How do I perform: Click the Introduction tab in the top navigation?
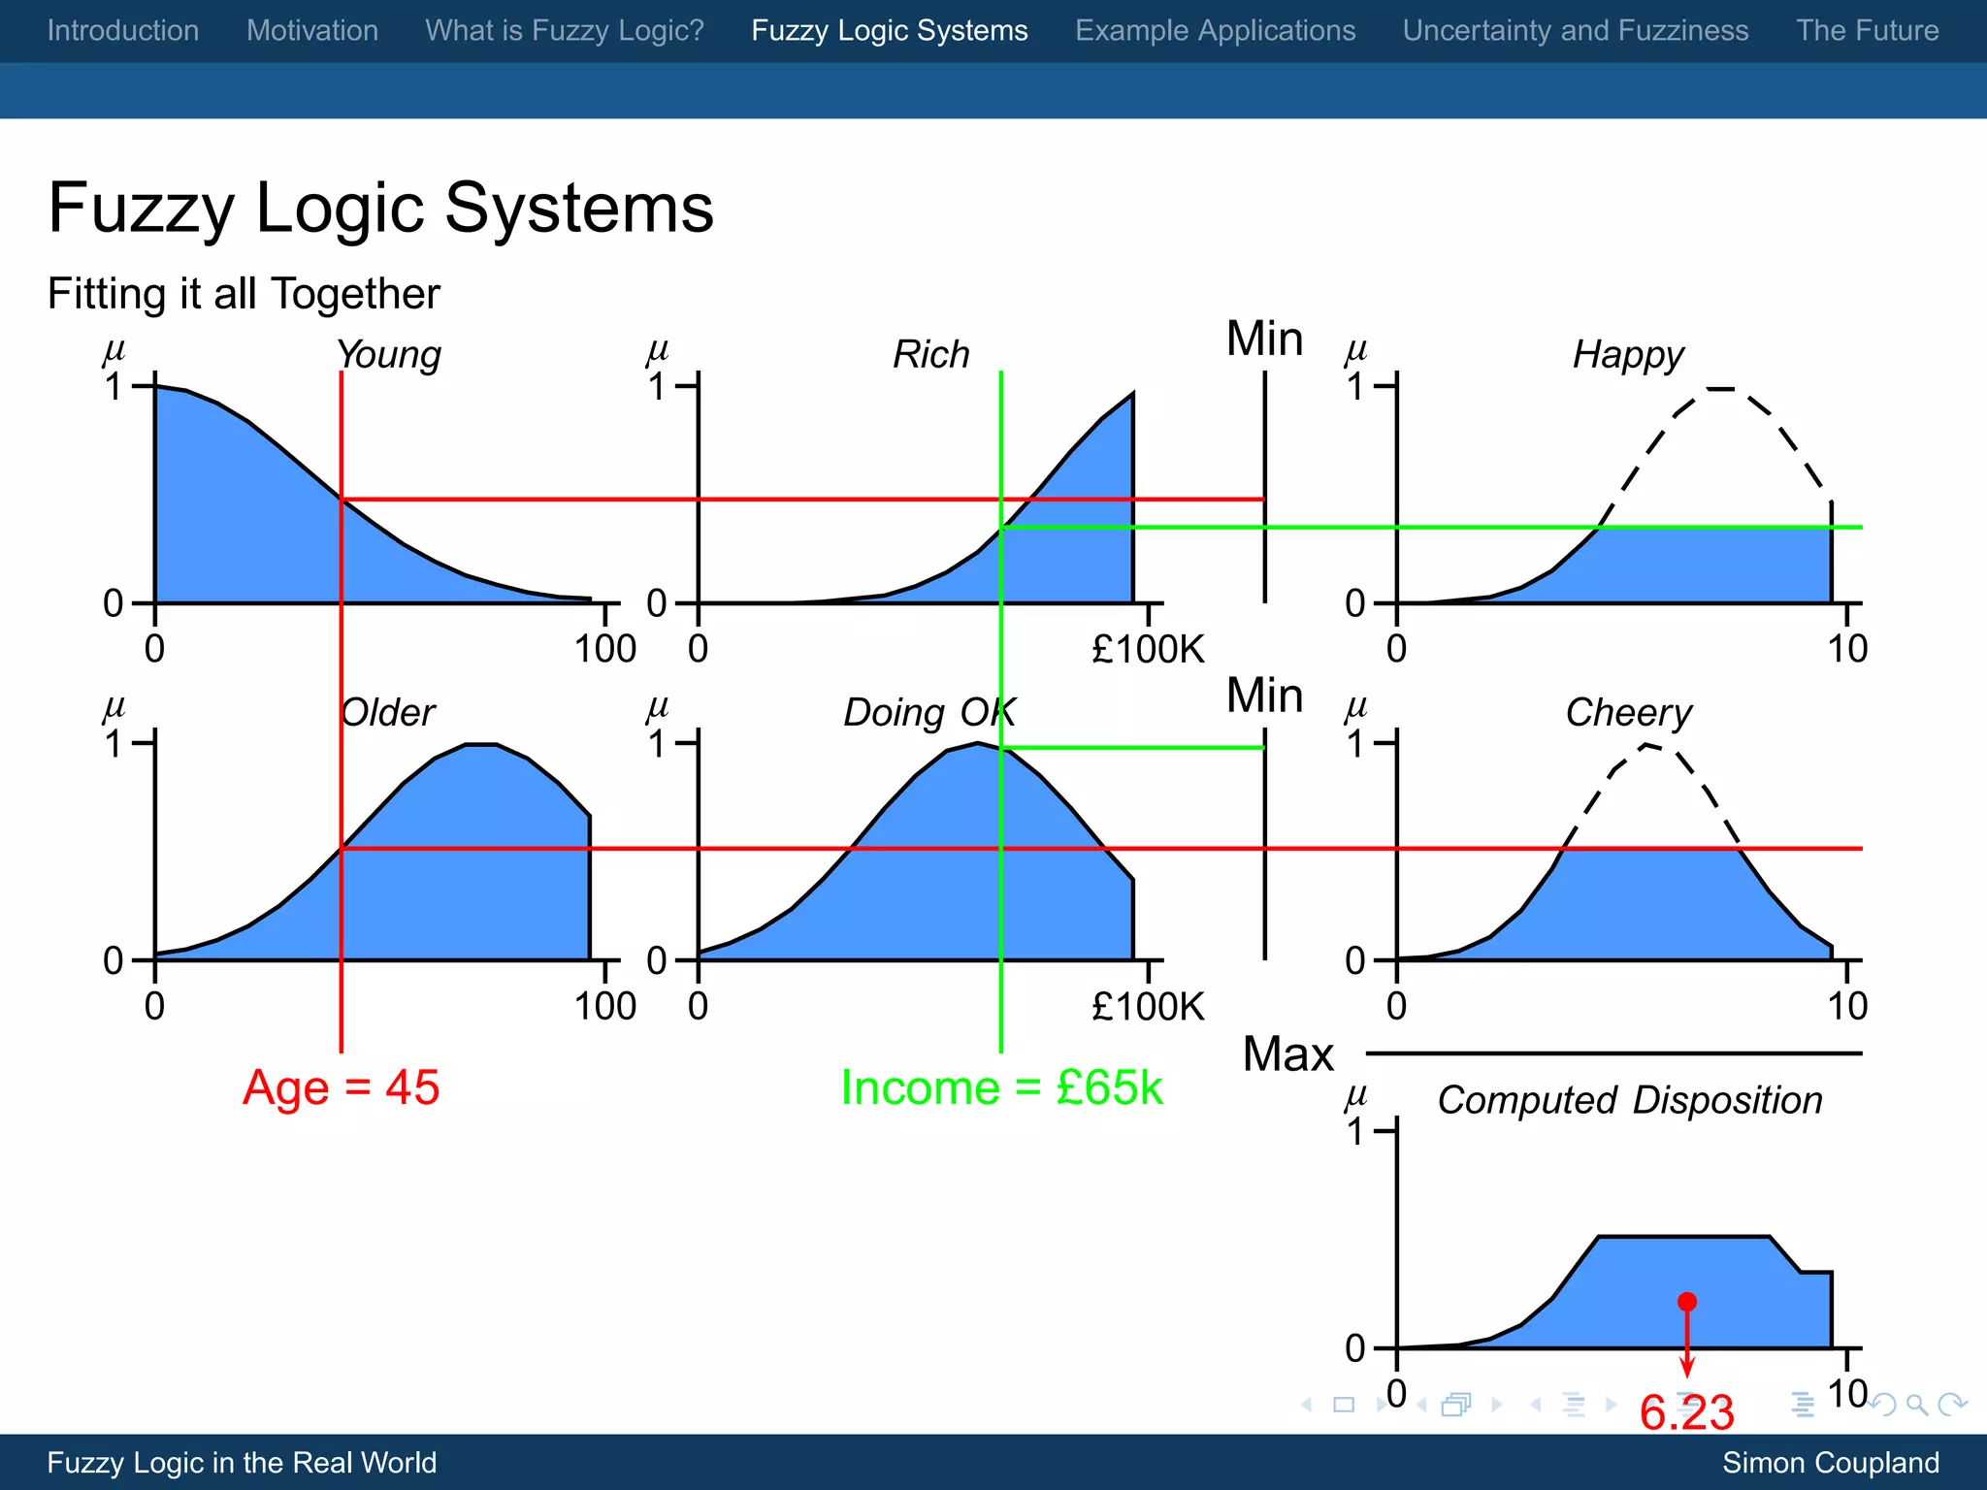123,30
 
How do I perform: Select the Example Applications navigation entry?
1215,30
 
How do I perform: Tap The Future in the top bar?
1867,30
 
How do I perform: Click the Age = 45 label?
341,1087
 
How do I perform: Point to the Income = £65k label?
1001,1087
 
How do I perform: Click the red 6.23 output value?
1686,1412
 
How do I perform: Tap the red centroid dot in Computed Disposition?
1687,1302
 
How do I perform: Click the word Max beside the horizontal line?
1288,1054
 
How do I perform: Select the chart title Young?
389,355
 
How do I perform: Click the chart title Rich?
931,355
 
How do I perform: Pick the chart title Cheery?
1629,713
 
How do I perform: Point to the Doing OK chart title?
929,713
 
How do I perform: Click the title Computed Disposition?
1630,1101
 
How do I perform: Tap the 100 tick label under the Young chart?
604,649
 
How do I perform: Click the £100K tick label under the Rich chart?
1148,649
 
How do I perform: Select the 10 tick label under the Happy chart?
1847,649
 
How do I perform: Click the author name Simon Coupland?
1830,1463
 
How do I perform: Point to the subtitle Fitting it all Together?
244,294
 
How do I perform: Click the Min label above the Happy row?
1264,340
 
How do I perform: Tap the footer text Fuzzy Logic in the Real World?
242,1463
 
